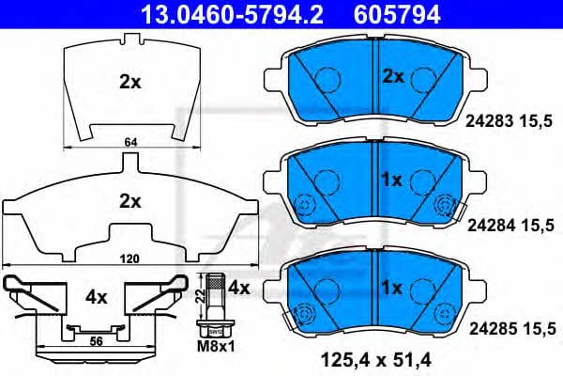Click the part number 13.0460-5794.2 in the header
tap(233, 14)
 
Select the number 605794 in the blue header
tap(398, 14)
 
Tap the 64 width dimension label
tap(130, 142)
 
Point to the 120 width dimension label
tap(129, 258)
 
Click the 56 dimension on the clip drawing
tap(96, 340)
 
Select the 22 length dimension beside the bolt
tap(201, 295)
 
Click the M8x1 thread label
tap(216, 346)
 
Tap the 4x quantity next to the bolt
tap(239, 288)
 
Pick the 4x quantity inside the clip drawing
tap(97, 297)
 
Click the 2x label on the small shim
tap(130, 83)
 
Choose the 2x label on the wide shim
tap(130, 202)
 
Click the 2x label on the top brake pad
tap(393, 77)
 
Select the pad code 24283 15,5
tap(509, 121)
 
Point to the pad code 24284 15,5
tap(510, 226)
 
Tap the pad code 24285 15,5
tap(512, 328)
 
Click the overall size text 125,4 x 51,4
tap(376, 360)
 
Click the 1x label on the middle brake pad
tap(391, 180)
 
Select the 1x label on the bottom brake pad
tap(391, 288)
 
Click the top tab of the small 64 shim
tap(130, 39)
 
